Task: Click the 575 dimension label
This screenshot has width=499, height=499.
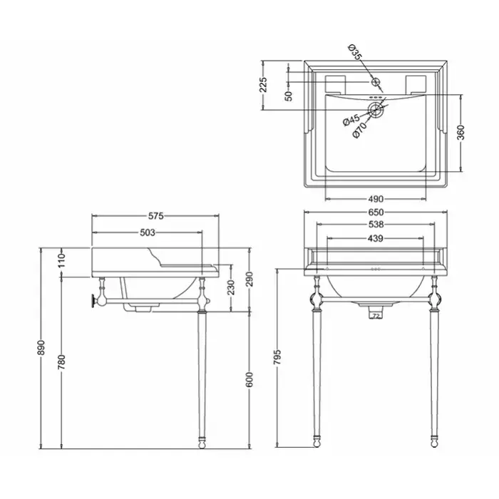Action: (x=156, y=216)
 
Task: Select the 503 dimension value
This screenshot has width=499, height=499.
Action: (x=148, y=232)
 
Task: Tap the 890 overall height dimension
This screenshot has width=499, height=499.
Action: (x=41, y=348)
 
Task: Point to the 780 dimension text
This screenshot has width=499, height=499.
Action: (x=61, y=362)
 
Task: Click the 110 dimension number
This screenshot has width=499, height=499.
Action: (x=61, y=260)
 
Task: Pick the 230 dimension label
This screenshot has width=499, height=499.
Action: (x=232, y=287)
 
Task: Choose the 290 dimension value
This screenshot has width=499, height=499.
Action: (x=249, y=279)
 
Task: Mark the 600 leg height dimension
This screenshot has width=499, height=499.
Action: (x=249, y=380)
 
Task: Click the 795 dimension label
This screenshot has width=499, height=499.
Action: (x=277, y=357)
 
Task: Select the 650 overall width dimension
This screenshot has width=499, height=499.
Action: (x=376, y=212)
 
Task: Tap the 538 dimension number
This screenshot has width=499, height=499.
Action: (x=376, y=225)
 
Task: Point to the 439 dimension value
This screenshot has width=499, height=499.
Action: (x=375, y=238)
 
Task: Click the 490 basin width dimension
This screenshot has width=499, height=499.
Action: (x=376, y=199)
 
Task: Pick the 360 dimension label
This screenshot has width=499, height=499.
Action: (x=461, y=133)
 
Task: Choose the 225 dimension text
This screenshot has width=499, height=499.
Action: (x=264, y=85)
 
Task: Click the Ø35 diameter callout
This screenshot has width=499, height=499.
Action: (x=355, y=52)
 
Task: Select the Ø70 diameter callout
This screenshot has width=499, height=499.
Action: (x=360, y=130)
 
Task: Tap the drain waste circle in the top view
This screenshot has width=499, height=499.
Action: (x=376, y=110)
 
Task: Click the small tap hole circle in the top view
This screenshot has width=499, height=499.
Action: (x=376, y=82)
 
